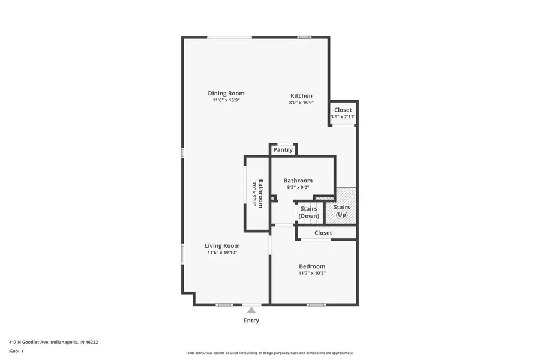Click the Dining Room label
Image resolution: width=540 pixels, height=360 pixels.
point(226,93)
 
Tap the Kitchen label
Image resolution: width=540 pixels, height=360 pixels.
point(301,95)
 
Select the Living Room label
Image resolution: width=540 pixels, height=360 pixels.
point(222,245)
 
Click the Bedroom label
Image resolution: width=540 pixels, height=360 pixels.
point(312,266)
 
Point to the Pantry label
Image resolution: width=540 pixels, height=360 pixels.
point(283,149)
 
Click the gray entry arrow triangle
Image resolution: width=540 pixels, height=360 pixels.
point(251,310)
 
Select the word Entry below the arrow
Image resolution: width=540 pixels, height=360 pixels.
point(251,320)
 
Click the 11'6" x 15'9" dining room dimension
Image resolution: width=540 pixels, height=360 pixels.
point(226,100)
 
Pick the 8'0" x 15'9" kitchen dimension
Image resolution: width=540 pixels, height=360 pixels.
point(301,103)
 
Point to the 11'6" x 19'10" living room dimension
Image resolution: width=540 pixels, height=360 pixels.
point(222,253)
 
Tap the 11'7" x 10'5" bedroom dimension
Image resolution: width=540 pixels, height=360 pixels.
point(312,273)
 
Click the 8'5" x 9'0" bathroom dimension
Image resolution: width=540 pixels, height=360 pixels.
point(298,187)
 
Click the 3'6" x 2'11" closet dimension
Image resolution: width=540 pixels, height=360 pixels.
point(343,116)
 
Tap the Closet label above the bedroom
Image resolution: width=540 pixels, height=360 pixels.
point(323,233)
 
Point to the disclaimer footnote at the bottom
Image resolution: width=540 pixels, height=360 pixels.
point(270,353)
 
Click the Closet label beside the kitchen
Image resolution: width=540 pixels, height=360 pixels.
point(343,110)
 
